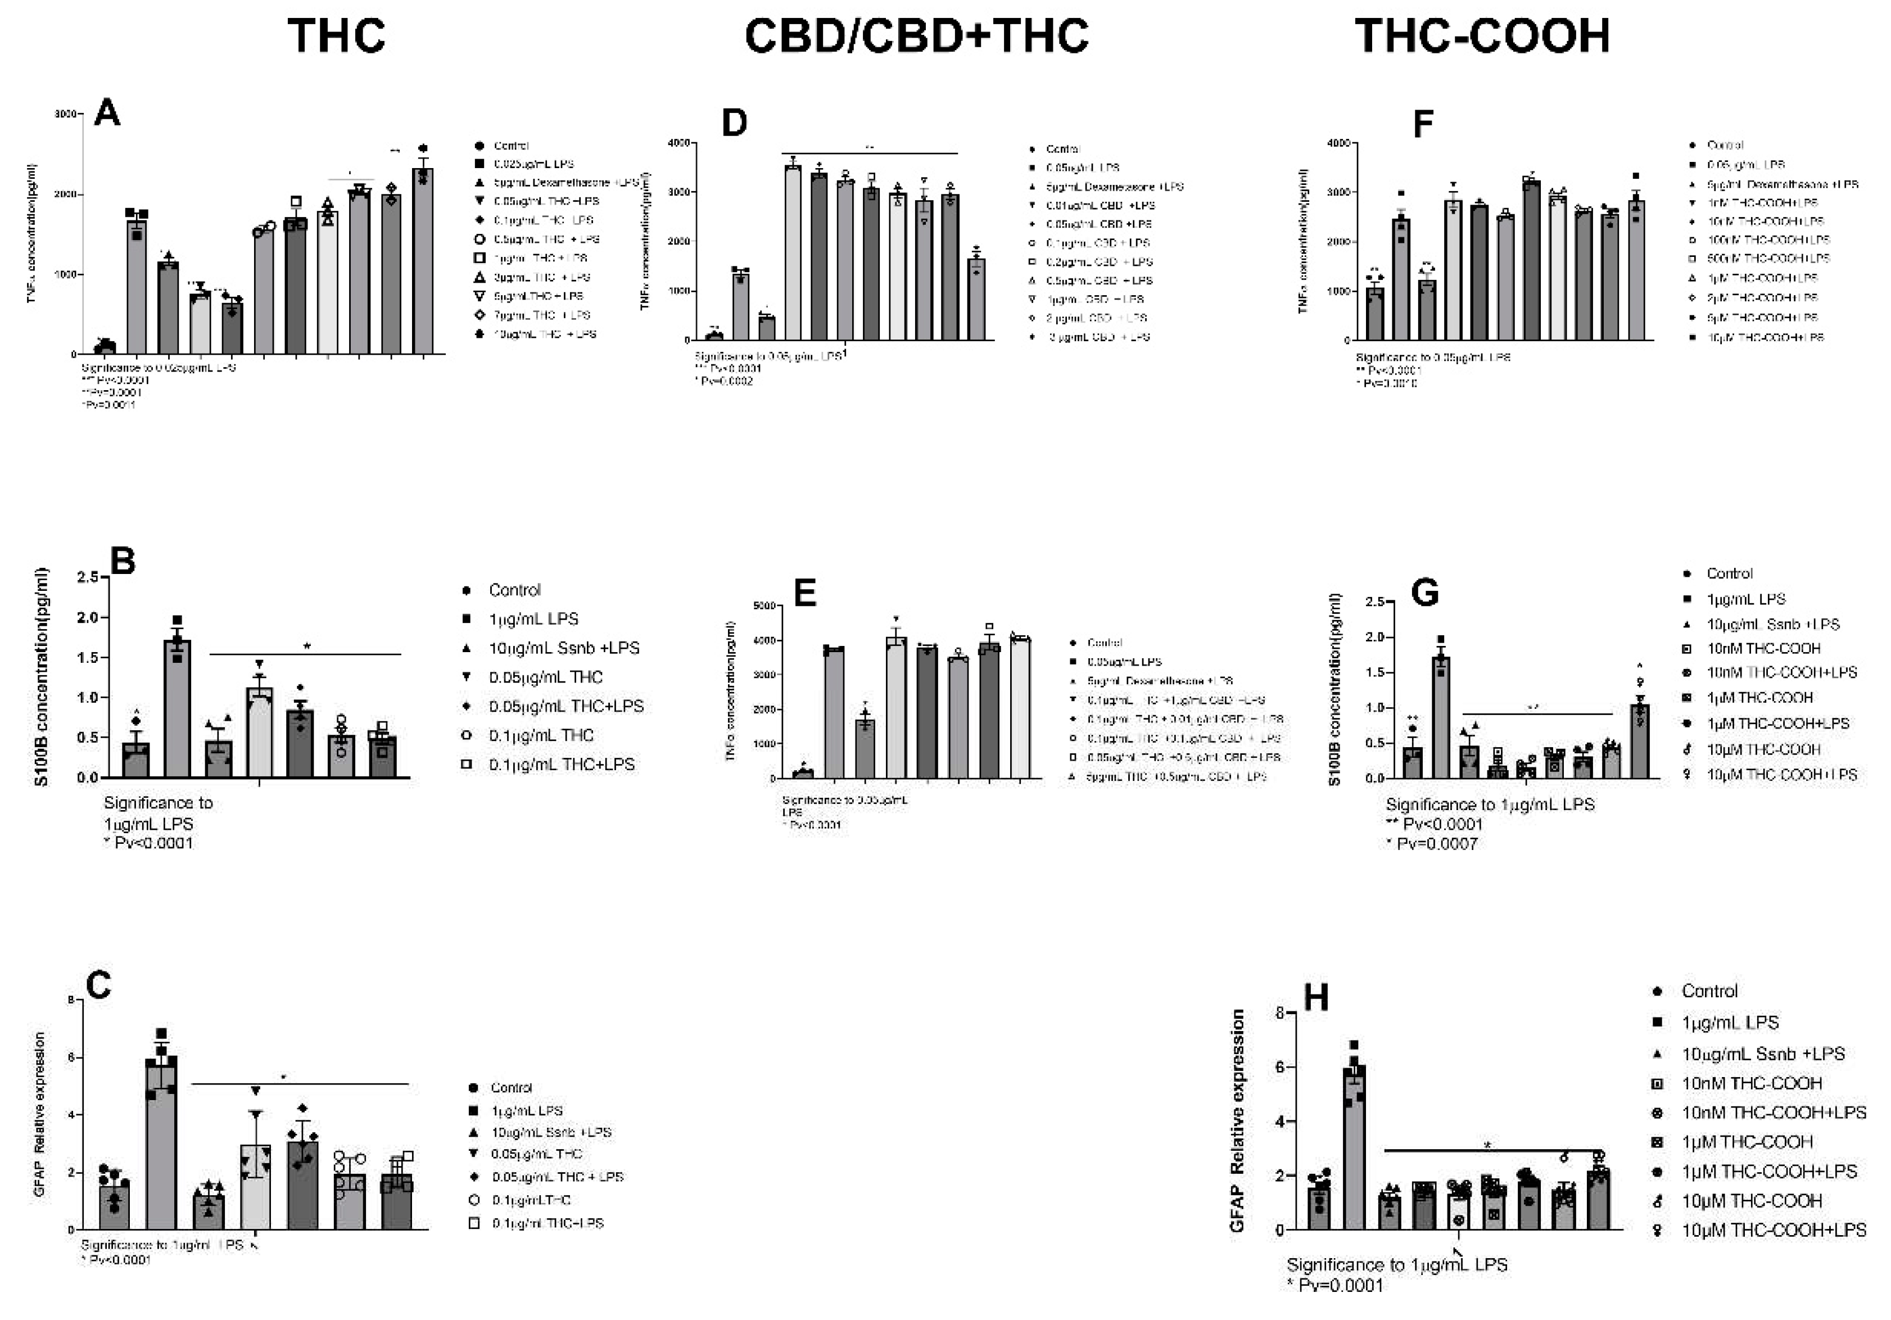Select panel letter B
click(x=123, y=562)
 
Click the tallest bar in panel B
click(x=177, y=708)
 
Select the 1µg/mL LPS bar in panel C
click(x=161, y=1145)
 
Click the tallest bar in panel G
click(x=1442, y=716)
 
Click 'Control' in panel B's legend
click(x=514, y=590)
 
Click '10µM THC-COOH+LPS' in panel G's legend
click(x=1781, y=775)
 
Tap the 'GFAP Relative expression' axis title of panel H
click(x=1237, y=1121)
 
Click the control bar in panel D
click(x=715, y=336)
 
